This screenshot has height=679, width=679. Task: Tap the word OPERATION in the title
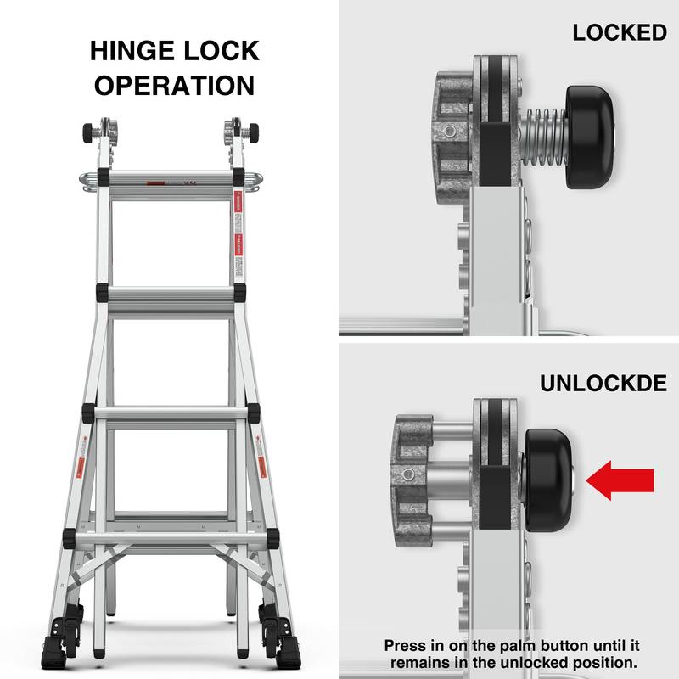175,86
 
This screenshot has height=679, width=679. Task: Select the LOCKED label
619,33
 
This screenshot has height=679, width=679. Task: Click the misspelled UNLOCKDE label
603,383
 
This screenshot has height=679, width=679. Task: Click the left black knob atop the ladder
88,133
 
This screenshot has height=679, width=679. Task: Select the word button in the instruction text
561,646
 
